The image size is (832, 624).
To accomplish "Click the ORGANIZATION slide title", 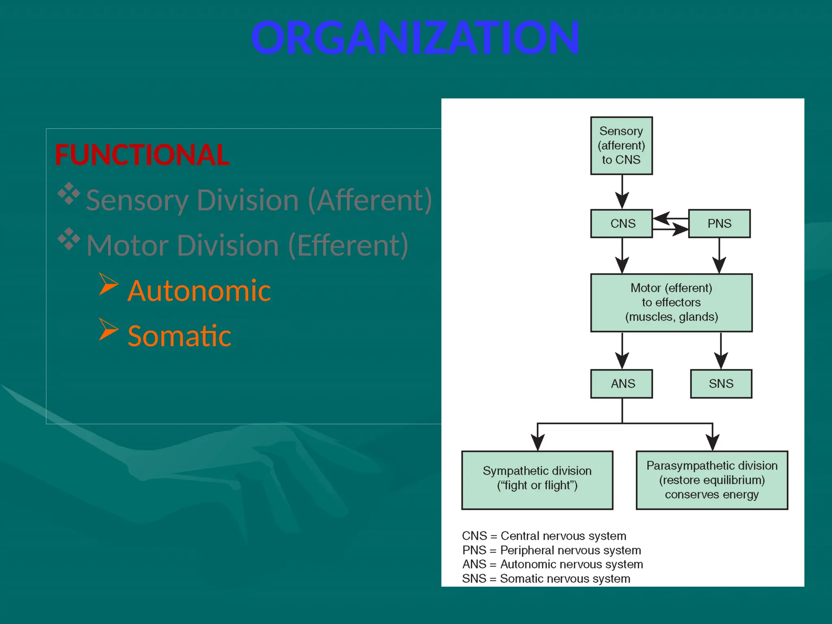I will [415, 38].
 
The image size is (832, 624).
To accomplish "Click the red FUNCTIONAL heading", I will [142, 155].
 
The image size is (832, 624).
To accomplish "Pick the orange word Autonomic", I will [199, 291].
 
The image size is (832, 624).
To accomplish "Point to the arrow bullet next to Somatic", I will [108, 329].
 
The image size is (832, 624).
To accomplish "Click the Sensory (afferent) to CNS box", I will [621, 145].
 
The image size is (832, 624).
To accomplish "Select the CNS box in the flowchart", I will [621, 223].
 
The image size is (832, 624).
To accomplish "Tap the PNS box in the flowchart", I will [719, 223].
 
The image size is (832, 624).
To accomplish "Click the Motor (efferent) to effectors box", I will [671, 303].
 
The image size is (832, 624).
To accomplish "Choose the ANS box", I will [621, 383].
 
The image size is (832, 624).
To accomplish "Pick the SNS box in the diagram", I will [721, 383].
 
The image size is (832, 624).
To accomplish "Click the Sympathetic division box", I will [537, 480].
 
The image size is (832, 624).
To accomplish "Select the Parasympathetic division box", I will [712, 480].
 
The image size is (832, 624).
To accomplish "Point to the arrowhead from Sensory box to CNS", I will [622, 200].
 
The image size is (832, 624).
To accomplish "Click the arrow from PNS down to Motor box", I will [719, 260].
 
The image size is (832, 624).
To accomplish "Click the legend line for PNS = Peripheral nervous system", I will [551, 550].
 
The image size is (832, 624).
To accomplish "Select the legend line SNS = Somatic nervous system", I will [546, 578].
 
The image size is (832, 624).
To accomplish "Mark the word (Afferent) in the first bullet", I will [370, 200].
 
